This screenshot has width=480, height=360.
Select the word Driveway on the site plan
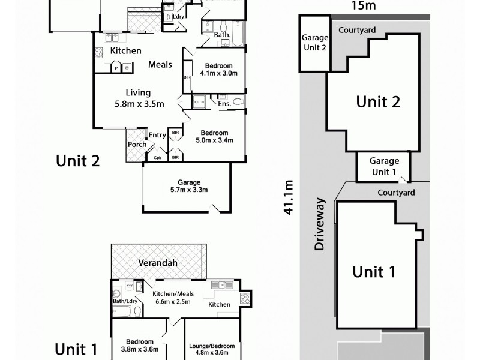(319, 224)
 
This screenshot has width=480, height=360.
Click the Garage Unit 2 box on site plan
(314, 43)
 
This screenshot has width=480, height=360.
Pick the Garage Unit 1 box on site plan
(384, 166)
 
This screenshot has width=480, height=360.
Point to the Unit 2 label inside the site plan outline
(378, 101)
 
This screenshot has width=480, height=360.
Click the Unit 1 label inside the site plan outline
(373, 272)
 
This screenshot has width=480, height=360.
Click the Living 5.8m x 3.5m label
(137, 98)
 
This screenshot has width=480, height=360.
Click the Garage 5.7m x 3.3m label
(188, 186)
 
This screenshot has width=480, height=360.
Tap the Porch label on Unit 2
(136, 145)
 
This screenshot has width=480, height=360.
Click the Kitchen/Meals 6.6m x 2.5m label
(172, 297)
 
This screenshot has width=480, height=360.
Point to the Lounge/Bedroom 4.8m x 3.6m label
(212, 350)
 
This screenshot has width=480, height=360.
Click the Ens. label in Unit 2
(224, 104)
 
